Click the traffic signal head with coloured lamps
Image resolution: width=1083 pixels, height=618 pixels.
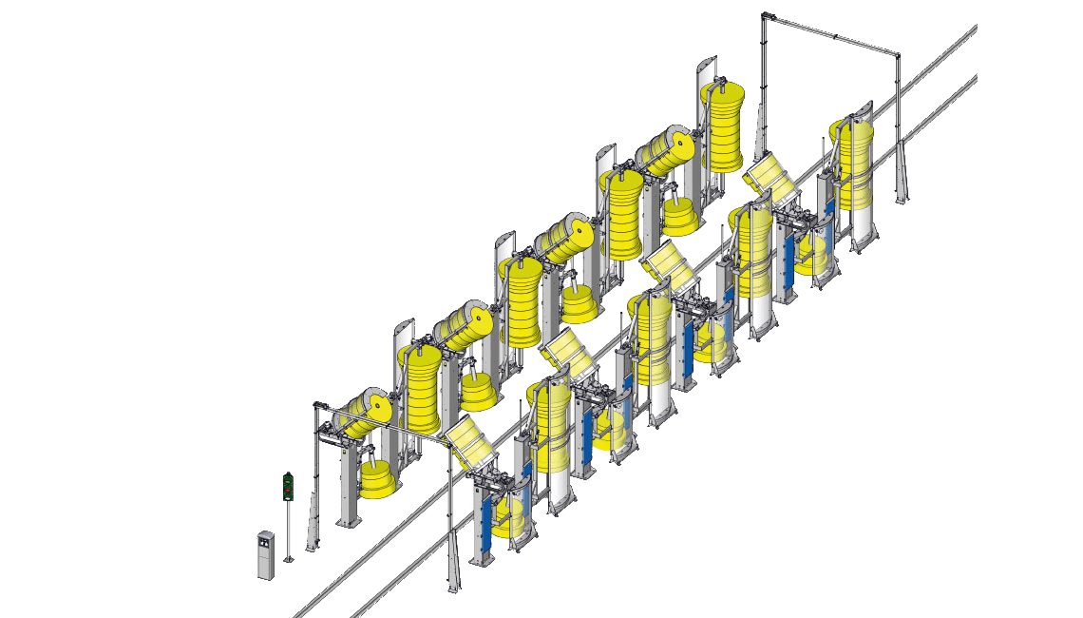[287, 485]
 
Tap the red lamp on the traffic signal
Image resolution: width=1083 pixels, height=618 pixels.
[287, 491]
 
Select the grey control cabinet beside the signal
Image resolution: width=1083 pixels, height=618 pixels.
[265, 555]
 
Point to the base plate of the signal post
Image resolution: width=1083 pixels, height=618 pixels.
[288, 560]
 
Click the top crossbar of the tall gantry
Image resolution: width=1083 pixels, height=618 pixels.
[830, 32]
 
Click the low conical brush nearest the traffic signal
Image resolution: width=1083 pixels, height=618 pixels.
[376, 479]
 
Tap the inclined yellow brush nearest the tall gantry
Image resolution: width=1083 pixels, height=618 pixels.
[665, 151]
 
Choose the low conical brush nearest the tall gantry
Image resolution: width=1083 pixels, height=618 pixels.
[680, 217]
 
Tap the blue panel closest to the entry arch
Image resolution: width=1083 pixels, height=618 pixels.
[487, 518]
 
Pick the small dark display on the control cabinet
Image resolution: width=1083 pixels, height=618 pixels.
[264, 544]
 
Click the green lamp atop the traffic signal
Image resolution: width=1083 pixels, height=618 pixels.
[287, 476]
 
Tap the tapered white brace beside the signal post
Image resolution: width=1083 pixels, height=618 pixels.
[311, 528]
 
